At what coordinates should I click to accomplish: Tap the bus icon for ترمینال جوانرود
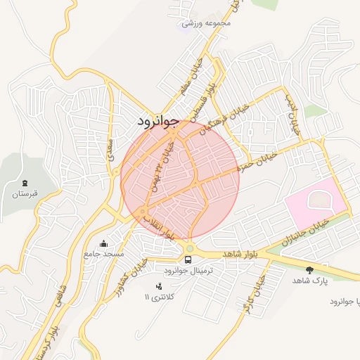coord(188,259)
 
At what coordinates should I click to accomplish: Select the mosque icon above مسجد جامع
coord(104,243)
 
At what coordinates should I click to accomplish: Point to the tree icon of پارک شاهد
coord(309,269)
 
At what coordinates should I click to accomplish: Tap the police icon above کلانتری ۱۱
coord(158,285)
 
